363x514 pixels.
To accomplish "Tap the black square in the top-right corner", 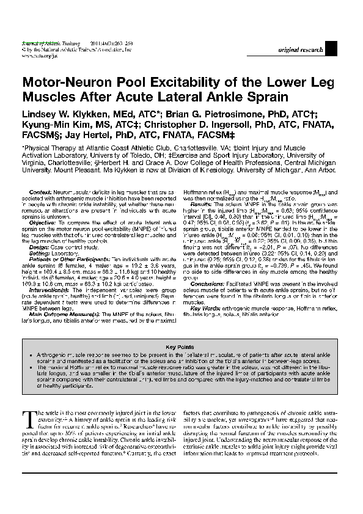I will click(x=331, y=48).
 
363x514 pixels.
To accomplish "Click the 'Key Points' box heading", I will click(x=181, y=346).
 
